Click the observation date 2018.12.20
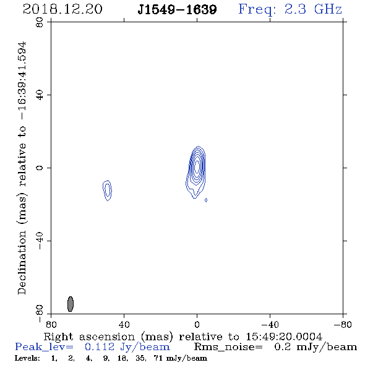click(62, 9)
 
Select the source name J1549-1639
click(177, 10)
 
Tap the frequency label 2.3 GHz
click(313, 9)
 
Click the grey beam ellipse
click(71, 304)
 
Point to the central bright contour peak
click(197, 166)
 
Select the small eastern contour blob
click(107, 191)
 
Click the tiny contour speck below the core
click(206, 200)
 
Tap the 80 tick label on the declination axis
click(40, 22)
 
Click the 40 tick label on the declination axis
click(40, 95)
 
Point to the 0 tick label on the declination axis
click(40, 168)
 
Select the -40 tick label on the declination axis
click(40, 241)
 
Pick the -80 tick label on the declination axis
click(40, 313)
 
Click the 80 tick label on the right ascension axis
click(51, 325)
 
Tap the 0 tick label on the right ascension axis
click(197, 325)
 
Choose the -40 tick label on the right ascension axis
click(270, 325)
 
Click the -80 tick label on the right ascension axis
click(343, 325)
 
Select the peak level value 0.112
click(100, 347)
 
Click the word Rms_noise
click(228, 347)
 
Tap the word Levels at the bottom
click(27, 358)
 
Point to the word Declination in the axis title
click(22, 262)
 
